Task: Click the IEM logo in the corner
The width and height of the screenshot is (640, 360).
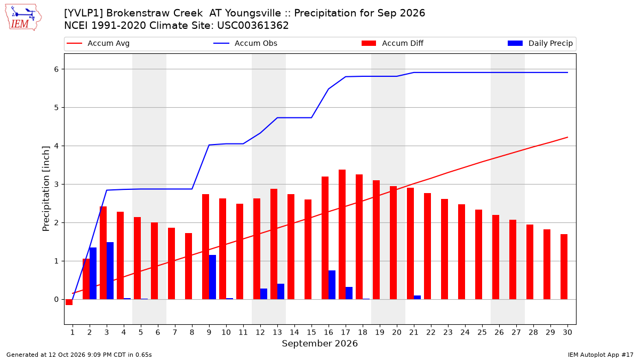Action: click(23, 18)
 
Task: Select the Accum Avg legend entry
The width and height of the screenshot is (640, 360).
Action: click(98, 43)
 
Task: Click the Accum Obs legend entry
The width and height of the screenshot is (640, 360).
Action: click(245, 43)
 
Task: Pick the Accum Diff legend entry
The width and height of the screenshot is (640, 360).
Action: click(393, 43)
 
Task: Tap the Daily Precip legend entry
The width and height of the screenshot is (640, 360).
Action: click(540, 43)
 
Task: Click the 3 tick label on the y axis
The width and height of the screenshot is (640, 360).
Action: click(57, 185)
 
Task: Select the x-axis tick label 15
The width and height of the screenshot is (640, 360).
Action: click(311, 332)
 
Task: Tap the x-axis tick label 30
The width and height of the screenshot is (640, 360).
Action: click(567, 332)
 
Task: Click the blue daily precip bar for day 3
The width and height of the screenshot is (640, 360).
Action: click(110, 271)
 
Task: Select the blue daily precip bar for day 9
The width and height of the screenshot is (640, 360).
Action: click(213, 277)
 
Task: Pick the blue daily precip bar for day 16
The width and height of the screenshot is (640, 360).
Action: click(332, 285)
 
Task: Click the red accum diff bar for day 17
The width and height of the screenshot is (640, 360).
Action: click(342, 235)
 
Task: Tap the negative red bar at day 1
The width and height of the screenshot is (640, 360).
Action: click(69, 302)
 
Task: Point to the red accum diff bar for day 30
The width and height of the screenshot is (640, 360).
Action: click(564, 267)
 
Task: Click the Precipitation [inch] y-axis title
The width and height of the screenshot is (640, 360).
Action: click(46, 189)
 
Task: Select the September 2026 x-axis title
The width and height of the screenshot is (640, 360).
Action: click(319, 343)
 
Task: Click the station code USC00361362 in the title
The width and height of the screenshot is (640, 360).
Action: click(253, 26)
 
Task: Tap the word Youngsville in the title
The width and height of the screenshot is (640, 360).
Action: click(253, 13)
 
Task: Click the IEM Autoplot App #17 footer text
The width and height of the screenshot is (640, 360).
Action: click(601, 355)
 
